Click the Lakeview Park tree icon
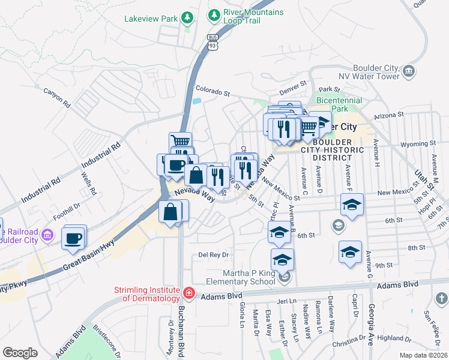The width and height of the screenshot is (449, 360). [x=188, y=18]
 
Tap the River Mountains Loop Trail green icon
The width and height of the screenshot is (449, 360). [x=213, y=14]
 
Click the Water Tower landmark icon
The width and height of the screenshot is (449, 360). [x=409, y=72]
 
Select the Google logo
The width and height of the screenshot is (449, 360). [x=20, y=352]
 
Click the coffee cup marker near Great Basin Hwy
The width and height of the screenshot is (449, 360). [x=74, y=238]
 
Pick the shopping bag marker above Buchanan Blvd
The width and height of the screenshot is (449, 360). [x=170, y=212]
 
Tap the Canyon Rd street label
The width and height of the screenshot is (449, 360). [x=57, y=97]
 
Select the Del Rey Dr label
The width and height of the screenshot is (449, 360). [x=214, y=255]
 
